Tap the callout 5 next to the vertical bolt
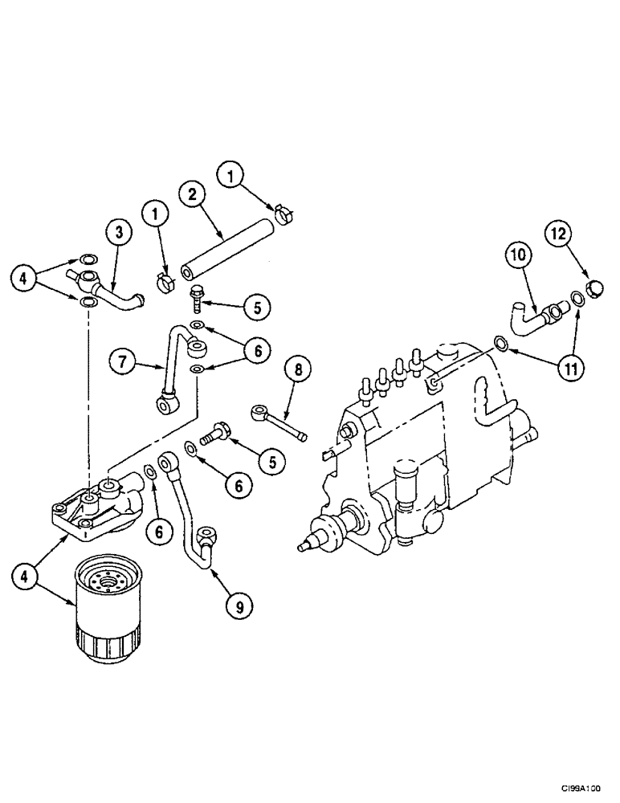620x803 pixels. pyautogui.click(x=257, y=307)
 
